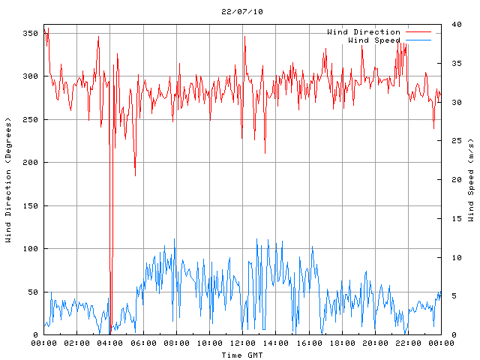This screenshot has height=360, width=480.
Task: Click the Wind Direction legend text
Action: [364, 32]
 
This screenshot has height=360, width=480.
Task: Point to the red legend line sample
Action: [418, 32]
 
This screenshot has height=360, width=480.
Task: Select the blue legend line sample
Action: [418, 40]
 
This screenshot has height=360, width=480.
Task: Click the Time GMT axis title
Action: [241, 355]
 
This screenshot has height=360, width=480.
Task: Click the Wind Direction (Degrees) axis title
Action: [8, 180]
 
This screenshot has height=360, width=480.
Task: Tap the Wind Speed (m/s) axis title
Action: [471, 180]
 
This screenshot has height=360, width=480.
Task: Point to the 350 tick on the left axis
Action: [30, 33]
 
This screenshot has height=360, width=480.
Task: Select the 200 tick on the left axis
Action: [30, 162]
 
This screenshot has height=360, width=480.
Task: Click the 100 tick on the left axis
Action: [30, 248]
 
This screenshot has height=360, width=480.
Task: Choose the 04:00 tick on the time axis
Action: [110, 343]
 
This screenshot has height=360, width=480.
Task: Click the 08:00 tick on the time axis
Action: [176, 343]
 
